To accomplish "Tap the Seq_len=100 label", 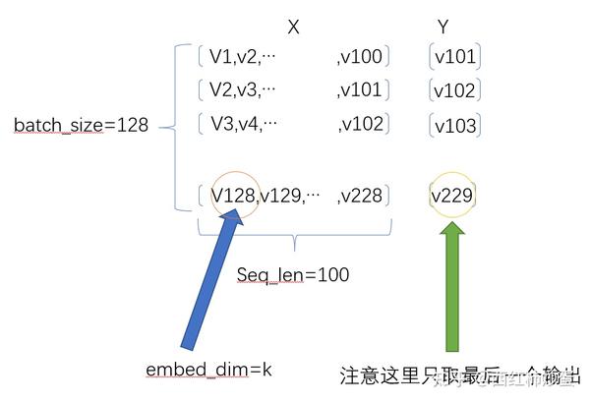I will (x=293, y=275).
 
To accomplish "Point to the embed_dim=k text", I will (x=207, y=370).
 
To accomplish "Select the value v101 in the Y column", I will (x=454, y=57).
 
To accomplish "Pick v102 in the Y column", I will (x=454, y=91).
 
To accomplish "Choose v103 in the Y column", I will (x=454, y=127).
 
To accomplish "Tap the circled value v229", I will (x=453, y=196).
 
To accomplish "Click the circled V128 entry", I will (x=233, y=195).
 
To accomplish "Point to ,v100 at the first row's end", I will (x=359, y=57).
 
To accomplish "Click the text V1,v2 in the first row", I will (x=236, y=56).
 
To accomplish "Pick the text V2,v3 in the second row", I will (x=236, y=90).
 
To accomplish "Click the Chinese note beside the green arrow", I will (x=460, y=374).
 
